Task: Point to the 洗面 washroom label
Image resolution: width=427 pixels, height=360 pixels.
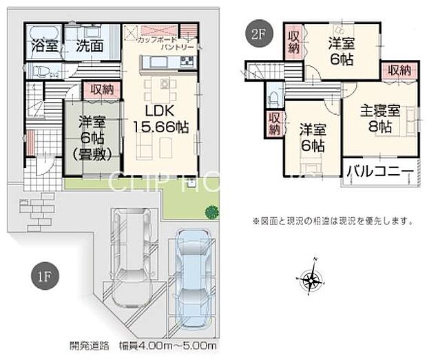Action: pos(90,47)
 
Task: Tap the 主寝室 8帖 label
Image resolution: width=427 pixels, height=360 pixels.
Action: pos(379,118)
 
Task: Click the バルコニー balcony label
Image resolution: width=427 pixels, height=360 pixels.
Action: pos(379,171)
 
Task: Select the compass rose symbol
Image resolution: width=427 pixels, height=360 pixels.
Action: pos(312,279)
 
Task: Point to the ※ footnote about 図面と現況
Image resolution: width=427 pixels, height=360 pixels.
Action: pos(333,222)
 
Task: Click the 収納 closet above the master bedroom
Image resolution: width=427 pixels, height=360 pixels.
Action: pos(398,70)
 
